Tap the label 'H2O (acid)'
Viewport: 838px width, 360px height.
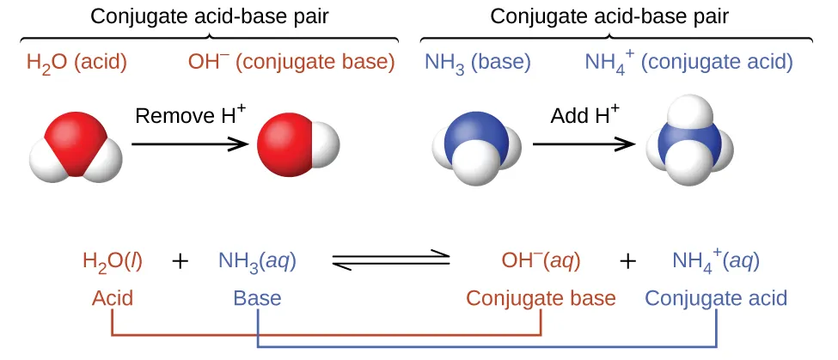[76, 62]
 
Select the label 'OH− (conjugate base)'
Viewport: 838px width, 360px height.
[291, 62]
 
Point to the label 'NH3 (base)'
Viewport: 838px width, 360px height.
[477, 62]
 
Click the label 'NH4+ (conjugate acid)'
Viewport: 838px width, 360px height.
[688, 62]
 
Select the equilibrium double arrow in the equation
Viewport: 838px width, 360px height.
[391, 260]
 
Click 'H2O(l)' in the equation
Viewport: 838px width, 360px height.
[113, 260]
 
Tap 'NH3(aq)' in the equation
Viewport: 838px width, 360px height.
[258, 260]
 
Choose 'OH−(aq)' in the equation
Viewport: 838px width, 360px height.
[541, 260]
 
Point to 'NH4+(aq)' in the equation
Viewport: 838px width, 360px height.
[716, 260]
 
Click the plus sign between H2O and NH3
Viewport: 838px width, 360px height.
[180, 261]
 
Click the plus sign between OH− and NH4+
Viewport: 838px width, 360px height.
[628, 261]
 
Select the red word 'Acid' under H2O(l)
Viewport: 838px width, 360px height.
[113, 298]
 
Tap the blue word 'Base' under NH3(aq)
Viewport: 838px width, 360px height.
[257, 298]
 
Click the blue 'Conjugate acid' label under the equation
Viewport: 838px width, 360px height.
[716, 298]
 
